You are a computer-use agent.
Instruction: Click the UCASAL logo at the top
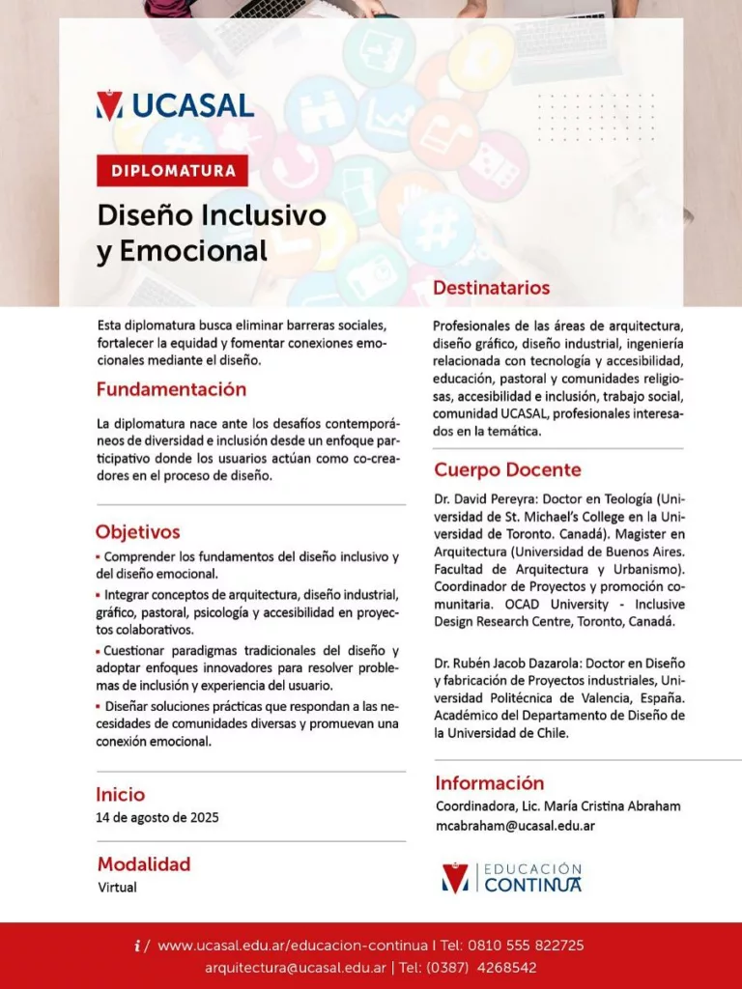pos(175,105)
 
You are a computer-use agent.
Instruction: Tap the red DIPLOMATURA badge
pos(173,171)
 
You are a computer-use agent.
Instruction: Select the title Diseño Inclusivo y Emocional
pos(211,233)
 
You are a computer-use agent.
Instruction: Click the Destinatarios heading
pos(491,288)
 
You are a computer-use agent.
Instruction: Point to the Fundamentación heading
pos(171,389)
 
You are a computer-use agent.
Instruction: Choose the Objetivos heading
pos(137,532)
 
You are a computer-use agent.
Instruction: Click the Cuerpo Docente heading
pos(507,470)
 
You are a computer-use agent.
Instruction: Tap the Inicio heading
pos(121,795)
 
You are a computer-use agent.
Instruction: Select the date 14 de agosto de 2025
pos(157,818)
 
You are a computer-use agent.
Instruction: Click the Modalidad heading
pos(144,864)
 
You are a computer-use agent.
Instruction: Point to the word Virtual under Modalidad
pos(117,888)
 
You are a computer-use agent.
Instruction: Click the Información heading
pos(490,783)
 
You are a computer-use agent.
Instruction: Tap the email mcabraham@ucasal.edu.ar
pos(515,826)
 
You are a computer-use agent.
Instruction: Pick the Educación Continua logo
pos(512,878)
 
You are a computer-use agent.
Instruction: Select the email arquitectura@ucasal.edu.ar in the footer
pos(296,967)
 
